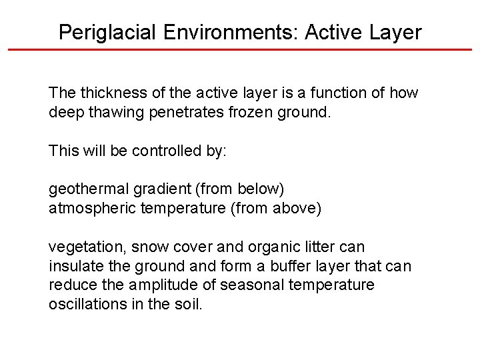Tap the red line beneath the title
[x=240, y=49]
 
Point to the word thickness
[x=106, y=93]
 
